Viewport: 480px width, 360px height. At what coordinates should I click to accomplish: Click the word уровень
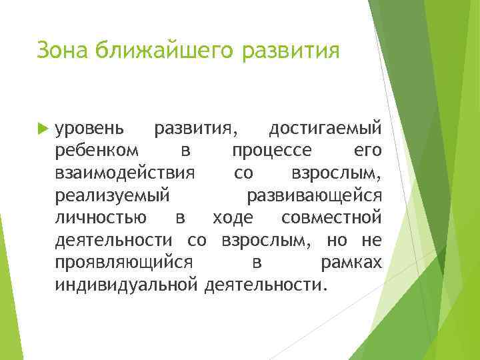click(89, 127)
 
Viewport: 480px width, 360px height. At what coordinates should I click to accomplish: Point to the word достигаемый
click(325, 127)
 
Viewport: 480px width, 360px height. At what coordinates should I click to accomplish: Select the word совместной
click(331, 218)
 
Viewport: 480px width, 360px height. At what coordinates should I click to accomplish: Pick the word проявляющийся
click(125, 263)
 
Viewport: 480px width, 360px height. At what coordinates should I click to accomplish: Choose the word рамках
click(351, 263)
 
